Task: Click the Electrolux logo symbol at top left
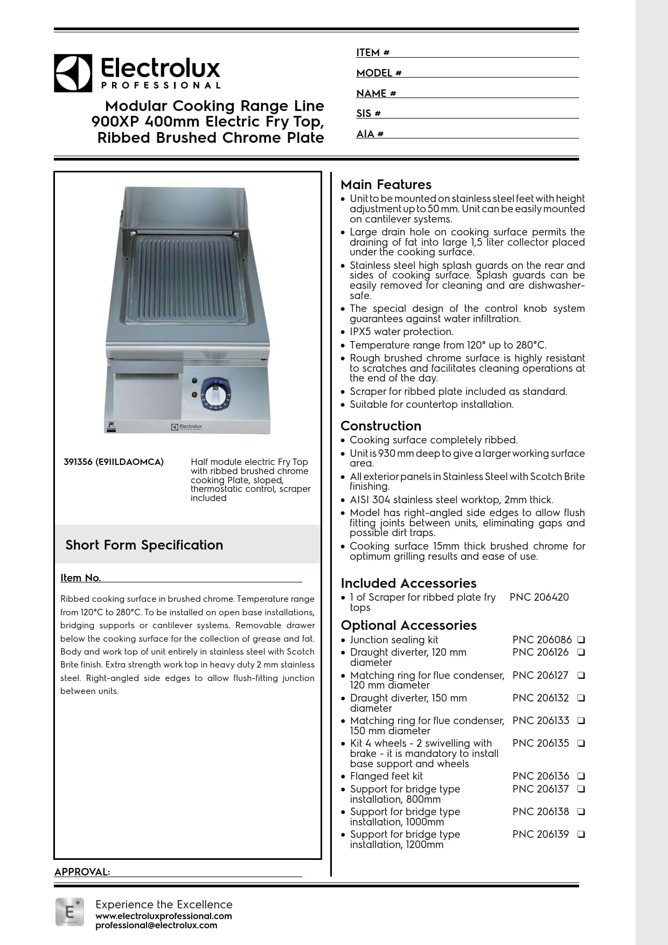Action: click(73, 73)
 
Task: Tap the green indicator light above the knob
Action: click(194, 380)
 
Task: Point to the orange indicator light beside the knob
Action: click(194, 395)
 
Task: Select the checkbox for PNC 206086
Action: click(581, 640)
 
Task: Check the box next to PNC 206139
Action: click(581, 835)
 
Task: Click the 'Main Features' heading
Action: click(386, 185)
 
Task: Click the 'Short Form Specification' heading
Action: click(144, 545)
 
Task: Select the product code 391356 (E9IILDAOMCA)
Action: click(114, 462)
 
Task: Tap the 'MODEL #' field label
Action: click(379, 73)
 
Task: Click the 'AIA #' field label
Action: click(370, 134)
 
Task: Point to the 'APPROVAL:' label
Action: click(82, 872)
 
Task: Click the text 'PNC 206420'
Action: click(539, 597)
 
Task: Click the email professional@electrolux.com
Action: click(156, 926)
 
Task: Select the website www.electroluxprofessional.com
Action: click(163, 916)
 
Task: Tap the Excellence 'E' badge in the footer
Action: click(69, 912)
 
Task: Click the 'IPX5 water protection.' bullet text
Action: click(401, 332)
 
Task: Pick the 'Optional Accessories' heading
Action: click(408, 626)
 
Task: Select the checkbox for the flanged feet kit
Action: click(581, 776)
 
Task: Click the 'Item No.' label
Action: click(80, 578)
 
